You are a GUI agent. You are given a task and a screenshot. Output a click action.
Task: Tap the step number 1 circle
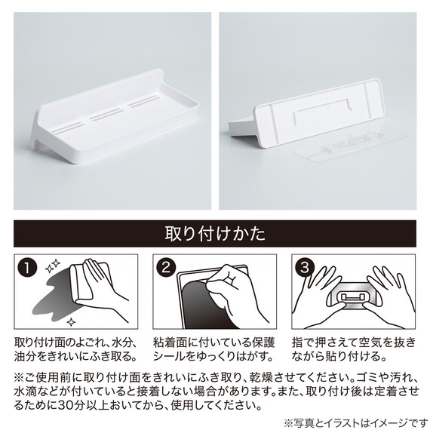[x=28, y=268]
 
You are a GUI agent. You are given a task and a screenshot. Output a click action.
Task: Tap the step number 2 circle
[x=168, y=268]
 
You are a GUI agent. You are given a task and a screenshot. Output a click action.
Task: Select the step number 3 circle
[x=306, y=268]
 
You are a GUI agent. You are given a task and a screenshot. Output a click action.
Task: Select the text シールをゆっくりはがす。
[x=209, y=355]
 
